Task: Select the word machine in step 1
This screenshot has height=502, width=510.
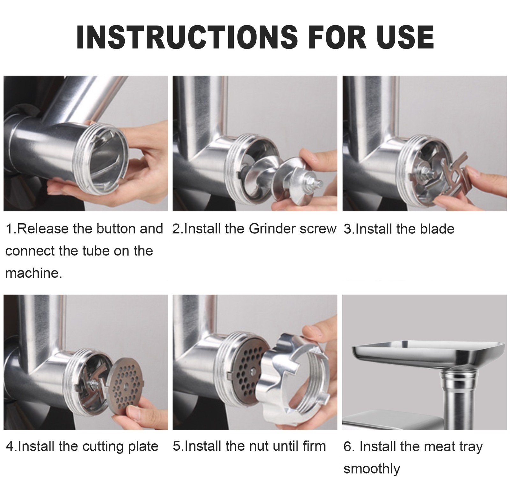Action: click(32, 273)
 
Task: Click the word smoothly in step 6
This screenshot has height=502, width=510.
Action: click(372, 469)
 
